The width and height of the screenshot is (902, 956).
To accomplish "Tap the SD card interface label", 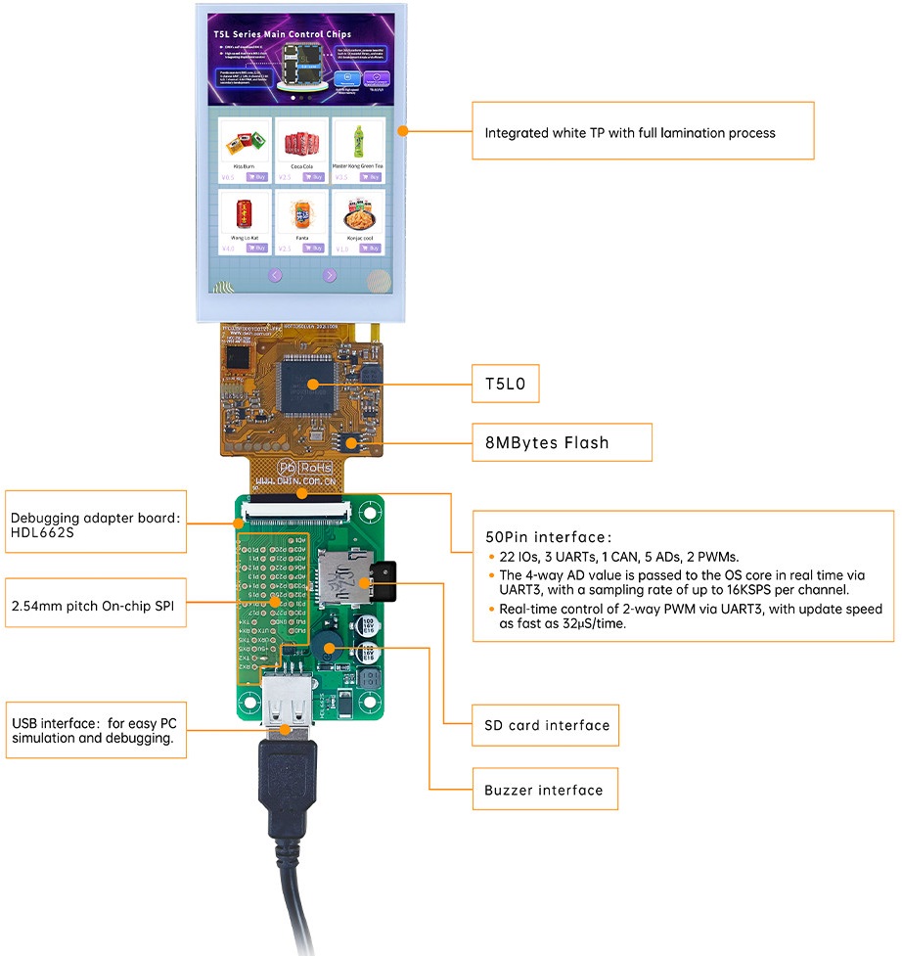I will (547, 725).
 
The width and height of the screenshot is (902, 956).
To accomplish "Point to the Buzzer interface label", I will (544, 789).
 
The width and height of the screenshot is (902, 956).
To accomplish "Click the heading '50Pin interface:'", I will (549, 536).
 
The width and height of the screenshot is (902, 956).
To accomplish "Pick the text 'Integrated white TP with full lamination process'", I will (630, 132).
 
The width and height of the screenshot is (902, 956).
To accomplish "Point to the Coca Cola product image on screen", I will (300, 145).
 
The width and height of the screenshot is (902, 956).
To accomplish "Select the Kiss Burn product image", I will (244, 144).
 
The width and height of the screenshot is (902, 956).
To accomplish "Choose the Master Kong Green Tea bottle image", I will (357, 142).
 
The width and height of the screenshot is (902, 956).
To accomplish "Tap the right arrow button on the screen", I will (330, 275).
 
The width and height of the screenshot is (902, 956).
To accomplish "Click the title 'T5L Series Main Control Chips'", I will (282, 34).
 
